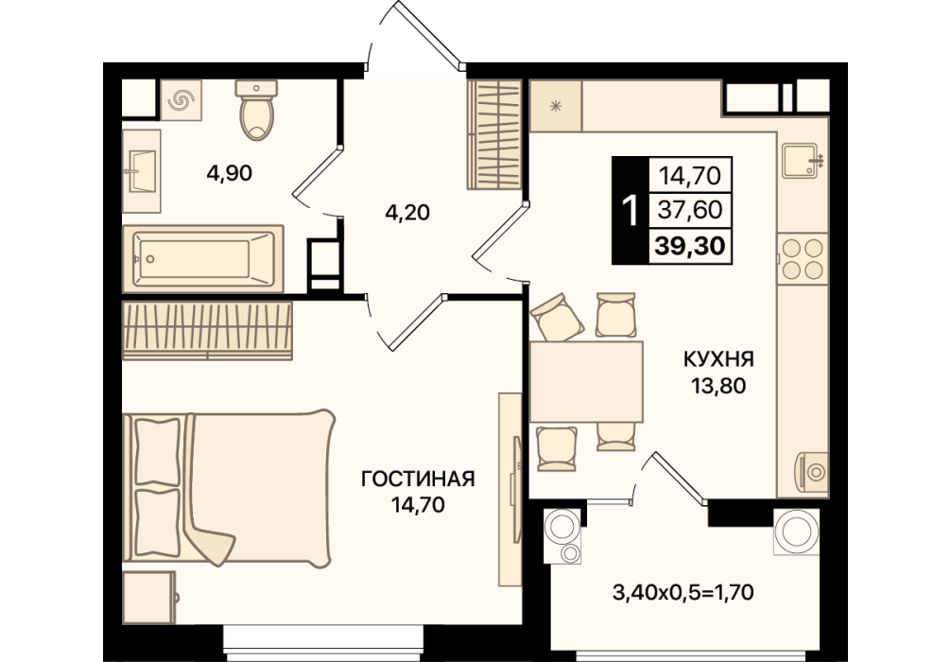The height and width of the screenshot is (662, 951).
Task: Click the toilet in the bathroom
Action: (x=256, y=110)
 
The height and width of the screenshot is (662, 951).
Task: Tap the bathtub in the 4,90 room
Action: (x=202, y=259)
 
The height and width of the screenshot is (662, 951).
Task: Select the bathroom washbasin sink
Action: (x=141, y=171)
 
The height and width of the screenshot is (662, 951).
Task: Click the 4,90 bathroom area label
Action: (x=230, y=174)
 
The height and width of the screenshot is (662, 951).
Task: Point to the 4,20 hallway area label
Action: (x=407, y=213)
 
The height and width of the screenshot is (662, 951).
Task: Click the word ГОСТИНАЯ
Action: (x=418, y=479)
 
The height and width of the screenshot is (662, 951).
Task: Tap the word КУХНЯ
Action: (x=718, y=359)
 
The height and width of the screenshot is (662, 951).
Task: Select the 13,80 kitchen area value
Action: (x=718, y=385)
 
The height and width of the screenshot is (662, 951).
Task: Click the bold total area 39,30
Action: (x=690, y=246)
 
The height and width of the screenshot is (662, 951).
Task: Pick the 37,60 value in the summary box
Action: (x=690, y=210)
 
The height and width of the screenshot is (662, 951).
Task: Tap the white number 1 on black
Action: (x=631, y=211)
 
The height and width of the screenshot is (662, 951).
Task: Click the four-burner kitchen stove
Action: (x=803, y=258)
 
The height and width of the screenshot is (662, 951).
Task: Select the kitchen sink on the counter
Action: (x=803, y=160)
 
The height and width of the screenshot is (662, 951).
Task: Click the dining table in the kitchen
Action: (x=586, y=381)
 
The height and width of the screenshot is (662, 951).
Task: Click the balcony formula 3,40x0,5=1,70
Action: (x=683, y=592)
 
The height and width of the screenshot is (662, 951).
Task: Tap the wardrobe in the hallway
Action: (x=494, y=134)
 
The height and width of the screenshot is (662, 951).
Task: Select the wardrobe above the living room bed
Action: (x=207, y=331)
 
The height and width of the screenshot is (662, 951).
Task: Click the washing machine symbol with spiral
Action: (x=182, y=100)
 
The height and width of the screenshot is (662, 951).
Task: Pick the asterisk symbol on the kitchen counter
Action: (x=555, y=107)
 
